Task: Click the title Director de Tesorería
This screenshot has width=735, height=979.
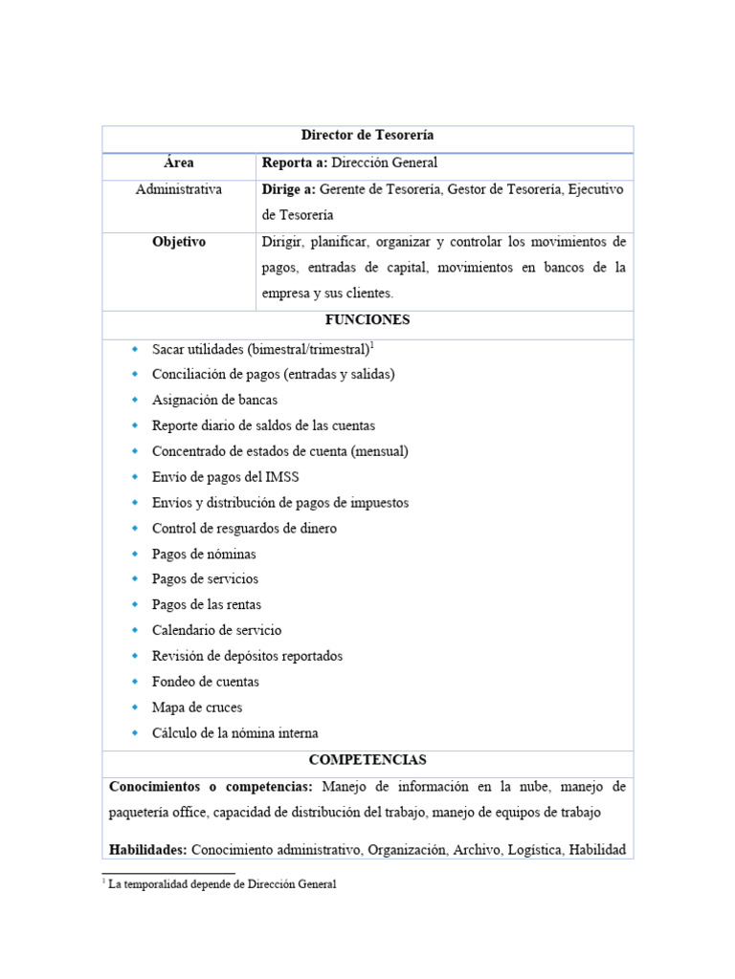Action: pos(367,137)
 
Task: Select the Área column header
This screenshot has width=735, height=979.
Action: pos(178,163)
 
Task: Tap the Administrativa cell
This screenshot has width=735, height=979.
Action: pos(178,189)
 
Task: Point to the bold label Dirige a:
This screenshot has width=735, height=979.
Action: pos(288,189)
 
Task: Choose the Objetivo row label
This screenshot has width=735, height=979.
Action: pos(178,242)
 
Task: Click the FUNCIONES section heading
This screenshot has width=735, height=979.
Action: pos(367,320)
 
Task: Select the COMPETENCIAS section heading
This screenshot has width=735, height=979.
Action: pos(367,760)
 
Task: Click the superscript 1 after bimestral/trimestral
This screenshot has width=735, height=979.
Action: pos(371,344)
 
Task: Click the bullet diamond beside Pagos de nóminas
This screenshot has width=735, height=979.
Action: pos(135,554)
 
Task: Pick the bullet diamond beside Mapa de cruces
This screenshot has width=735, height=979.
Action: pos(135,707)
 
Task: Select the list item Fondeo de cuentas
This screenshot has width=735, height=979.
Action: pos(205,682)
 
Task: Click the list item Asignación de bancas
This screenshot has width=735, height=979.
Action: pos(214,400)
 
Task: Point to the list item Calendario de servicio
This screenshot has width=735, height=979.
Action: pos(216,630)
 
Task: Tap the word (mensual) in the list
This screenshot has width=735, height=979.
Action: pos(381,450)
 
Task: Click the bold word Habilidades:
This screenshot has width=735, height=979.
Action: pos(149,848)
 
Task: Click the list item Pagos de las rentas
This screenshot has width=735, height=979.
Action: pos(206,604)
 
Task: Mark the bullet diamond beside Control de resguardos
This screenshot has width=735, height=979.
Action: pos(135,528)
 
